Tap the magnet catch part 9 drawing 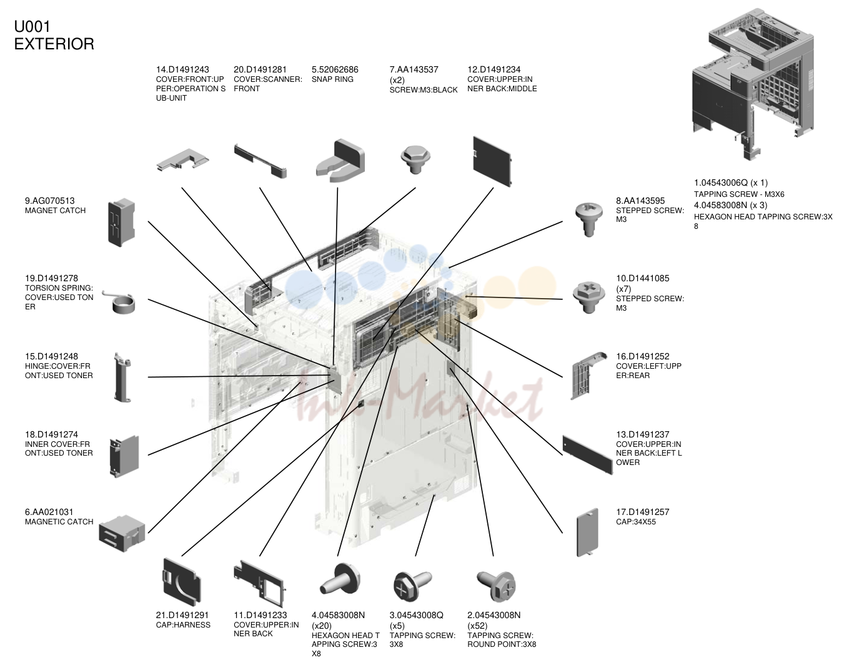point(122,222)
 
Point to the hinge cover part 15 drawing point(122,377)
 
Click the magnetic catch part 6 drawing point(122,533)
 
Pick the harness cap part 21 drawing point(182,582)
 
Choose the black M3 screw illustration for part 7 point(415,159)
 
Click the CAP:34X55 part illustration point(587,532)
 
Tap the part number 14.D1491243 point(182,69)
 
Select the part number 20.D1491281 point(260,69)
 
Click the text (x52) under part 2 point(477,626)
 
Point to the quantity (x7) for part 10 point(623,289)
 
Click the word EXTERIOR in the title point(54,44)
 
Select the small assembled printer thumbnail point(753,84)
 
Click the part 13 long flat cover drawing point(587,455)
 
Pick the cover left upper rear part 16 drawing point(588,376)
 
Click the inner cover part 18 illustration point(124,456)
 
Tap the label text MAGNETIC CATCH point(59,522)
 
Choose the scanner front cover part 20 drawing point(261,161)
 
